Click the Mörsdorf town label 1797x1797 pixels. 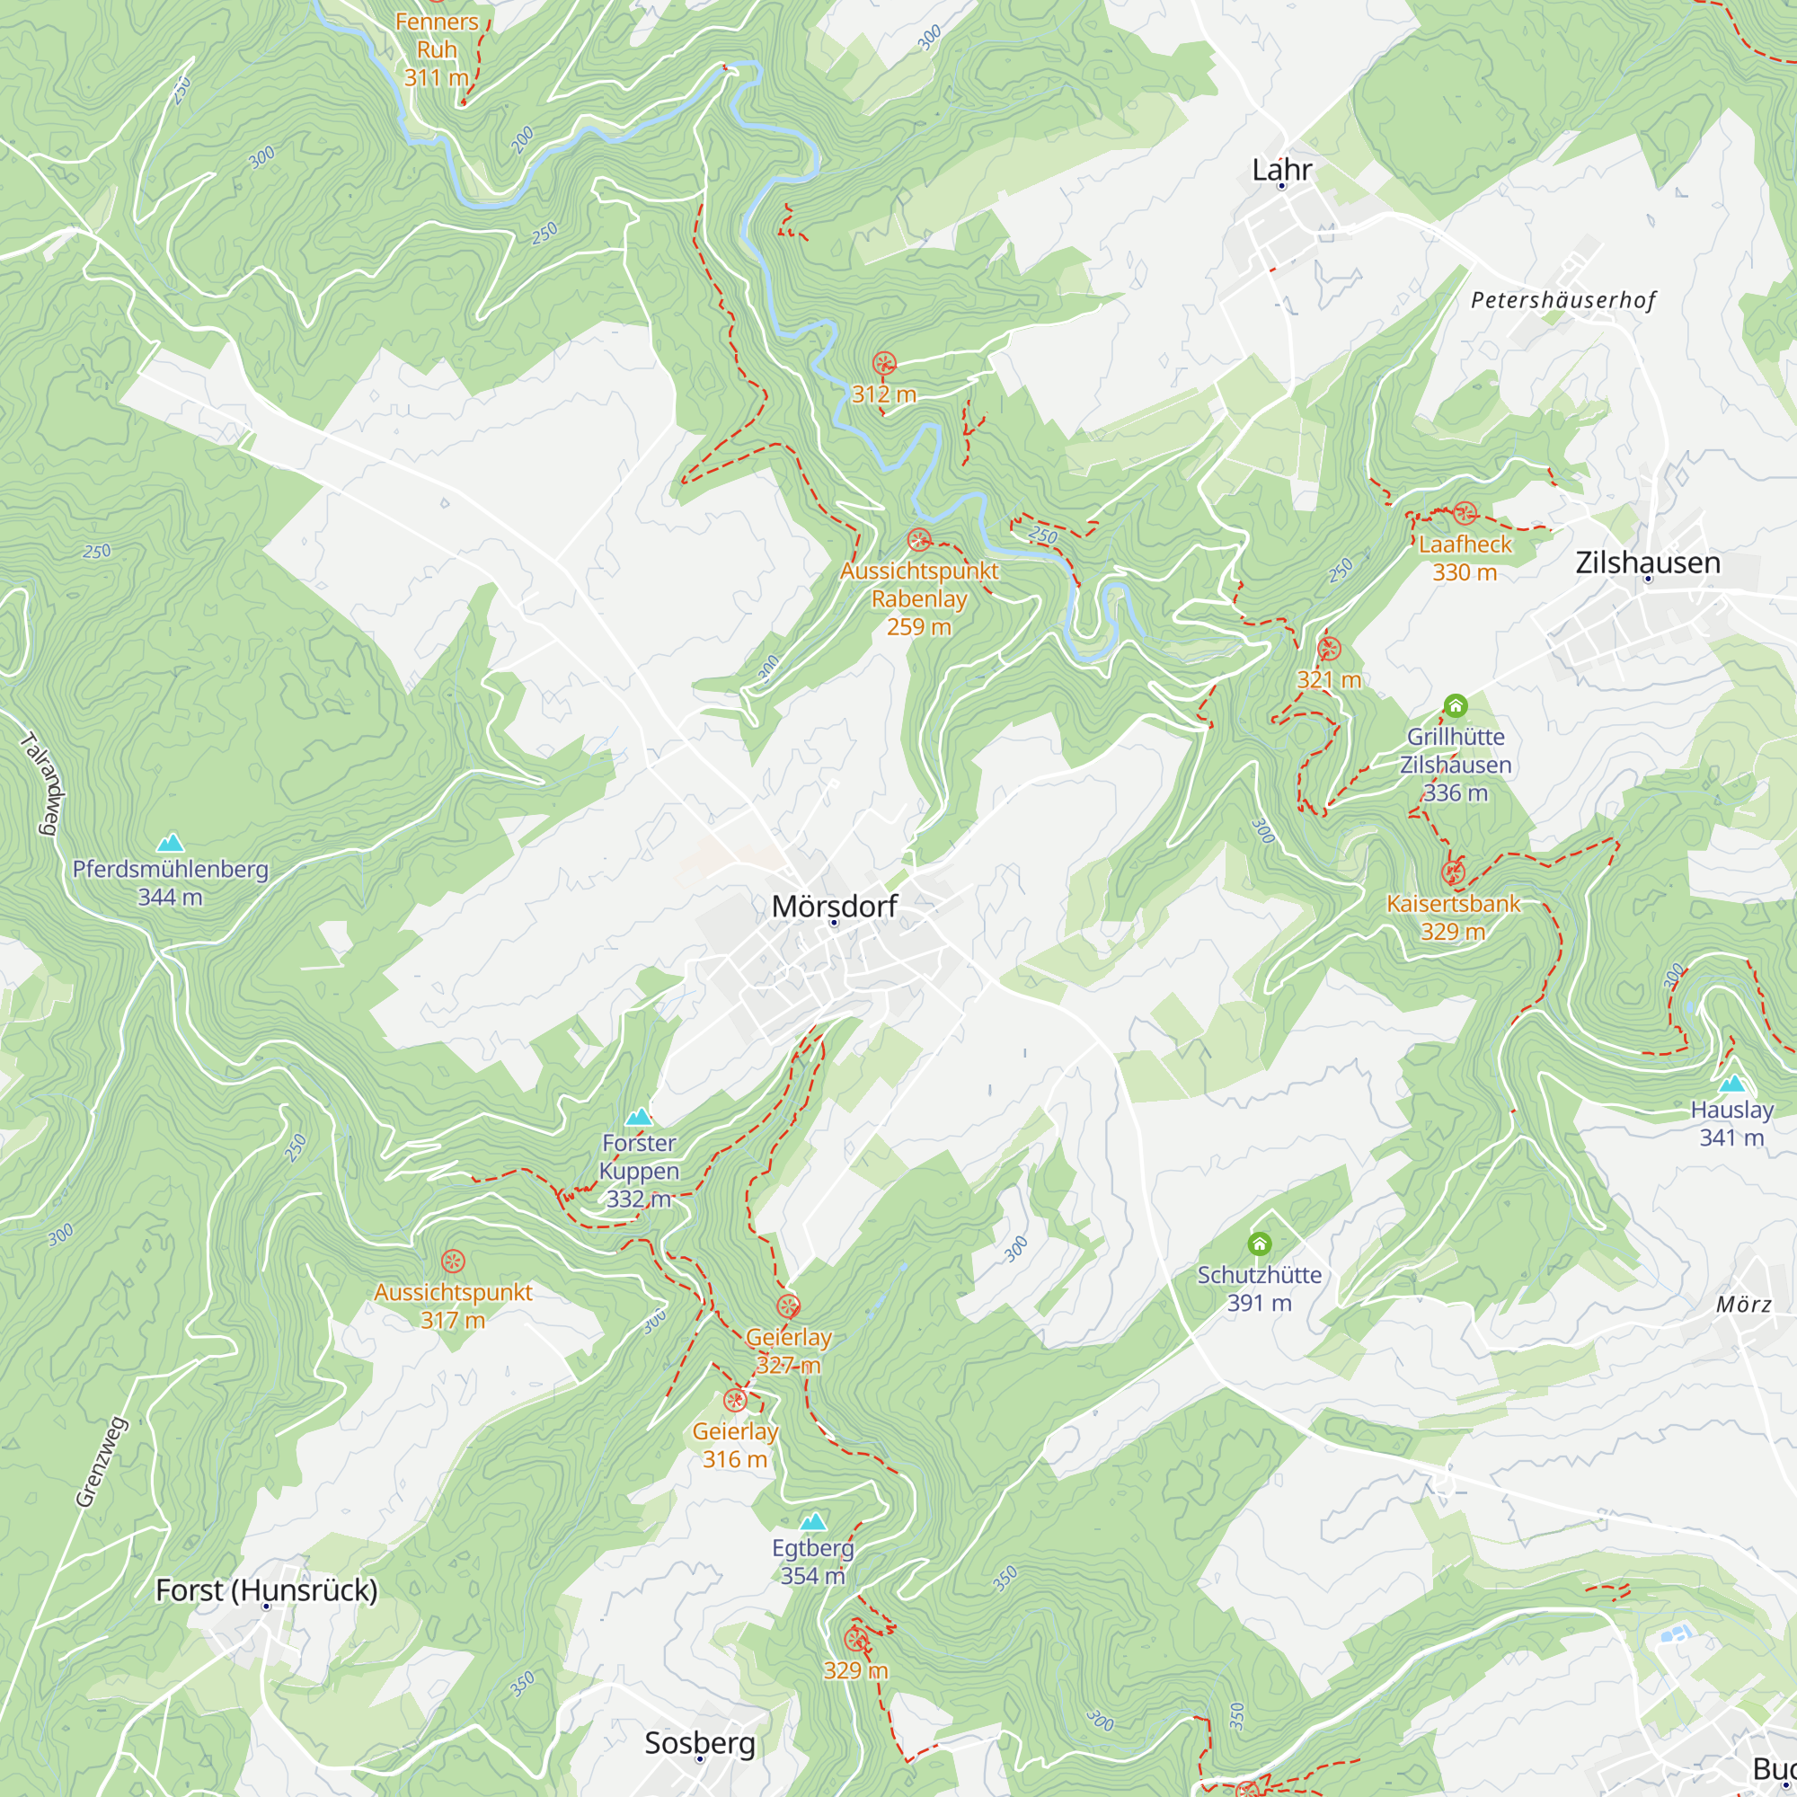pos(835,906)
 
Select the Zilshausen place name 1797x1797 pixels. pos(1647,562)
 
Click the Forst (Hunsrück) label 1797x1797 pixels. pos(266,1589)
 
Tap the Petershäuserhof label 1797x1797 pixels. pos(1562,300)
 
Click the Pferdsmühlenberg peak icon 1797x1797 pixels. pos(170,843)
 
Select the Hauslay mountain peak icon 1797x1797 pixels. pos(1732,1083)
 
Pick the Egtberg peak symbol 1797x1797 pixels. pos(813,1521)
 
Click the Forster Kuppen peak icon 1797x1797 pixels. pos(638,1116)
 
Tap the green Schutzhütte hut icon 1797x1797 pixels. pos(1260,1244)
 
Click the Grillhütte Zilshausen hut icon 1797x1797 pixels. pos(1456,706)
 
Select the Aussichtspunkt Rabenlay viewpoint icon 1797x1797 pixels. pos(919,540)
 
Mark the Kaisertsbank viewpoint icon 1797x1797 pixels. pos(1453,872)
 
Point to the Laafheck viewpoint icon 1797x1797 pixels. pos(1465,512)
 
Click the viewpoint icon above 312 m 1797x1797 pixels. pos(883,363)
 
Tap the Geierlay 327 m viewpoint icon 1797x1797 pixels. pos(788,1306)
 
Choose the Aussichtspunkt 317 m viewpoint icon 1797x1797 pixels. pos(453,1261)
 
